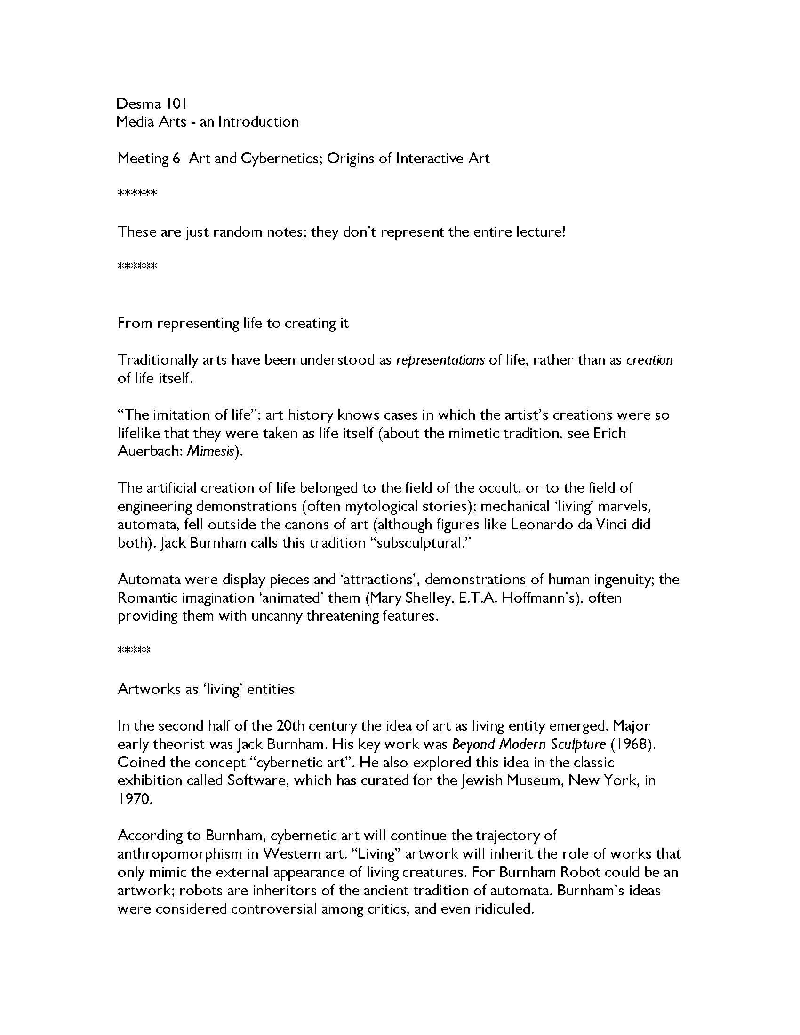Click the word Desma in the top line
pos(139,103)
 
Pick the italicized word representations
pos(440,360)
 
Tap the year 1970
pos(135,799)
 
